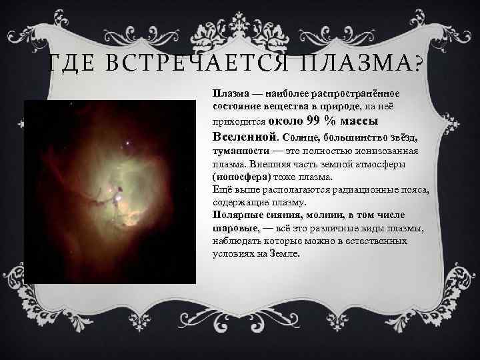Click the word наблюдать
click(237, 241)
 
